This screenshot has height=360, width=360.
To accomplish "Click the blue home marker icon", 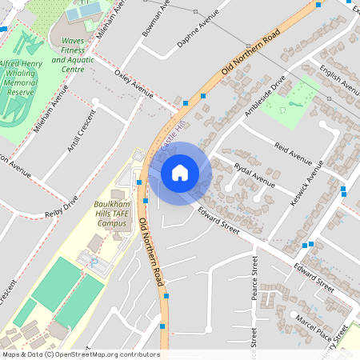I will coord(180,171).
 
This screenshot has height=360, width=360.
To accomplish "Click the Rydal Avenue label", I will coord(254,177).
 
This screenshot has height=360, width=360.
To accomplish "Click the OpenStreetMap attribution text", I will coord(81,354).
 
